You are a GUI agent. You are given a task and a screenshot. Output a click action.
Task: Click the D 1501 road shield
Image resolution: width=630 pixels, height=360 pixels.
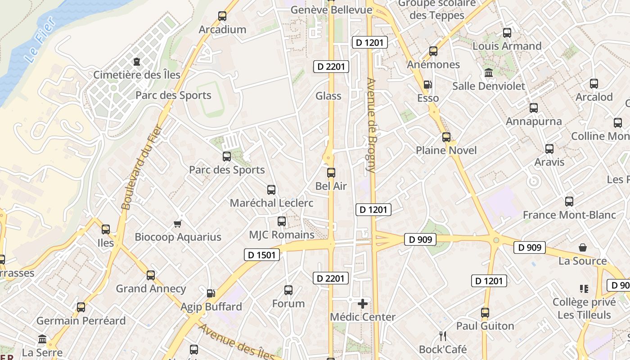[261, 255]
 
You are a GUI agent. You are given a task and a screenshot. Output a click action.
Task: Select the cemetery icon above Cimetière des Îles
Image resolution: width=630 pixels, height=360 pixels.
[137, 62]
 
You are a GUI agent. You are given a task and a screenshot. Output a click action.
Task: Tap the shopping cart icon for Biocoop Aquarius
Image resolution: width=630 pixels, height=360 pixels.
[178, 224]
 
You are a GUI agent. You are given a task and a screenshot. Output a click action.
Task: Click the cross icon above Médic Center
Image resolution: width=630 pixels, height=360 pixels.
[363, 304]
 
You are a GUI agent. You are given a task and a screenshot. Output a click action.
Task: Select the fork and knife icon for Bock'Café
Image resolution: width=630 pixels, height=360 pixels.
[443, 336]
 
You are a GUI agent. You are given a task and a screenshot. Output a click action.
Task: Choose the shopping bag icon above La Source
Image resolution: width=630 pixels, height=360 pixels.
[583, 247]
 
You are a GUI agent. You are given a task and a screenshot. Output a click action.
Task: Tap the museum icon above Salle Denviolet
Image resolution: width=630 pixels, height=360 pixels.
[489, 72]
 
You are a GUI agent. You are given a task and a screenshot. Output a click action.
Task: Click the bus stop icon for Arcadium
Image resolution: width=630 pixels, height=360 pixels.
[222, 16]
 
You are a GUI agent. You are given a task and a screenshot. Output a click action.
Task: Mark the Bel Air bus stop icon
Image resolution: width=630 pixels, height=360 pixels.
[331, 172]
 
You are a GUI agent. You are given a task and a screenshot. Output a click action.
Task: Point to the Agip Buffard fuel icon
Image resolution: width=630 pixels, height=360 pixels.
[211, 293]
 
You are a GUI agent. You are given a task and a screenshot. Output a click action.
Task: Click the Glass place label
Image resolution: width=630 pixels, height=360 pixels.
[328, 96]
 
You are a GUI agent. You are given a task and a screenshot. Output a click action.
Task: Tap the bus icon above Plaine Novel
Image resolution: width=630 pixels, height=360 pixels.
[446, 137]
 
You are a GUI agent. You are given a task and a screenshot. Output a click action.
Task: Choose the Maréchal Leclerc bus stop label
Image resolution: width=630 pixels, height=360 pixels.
[271, 203]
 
